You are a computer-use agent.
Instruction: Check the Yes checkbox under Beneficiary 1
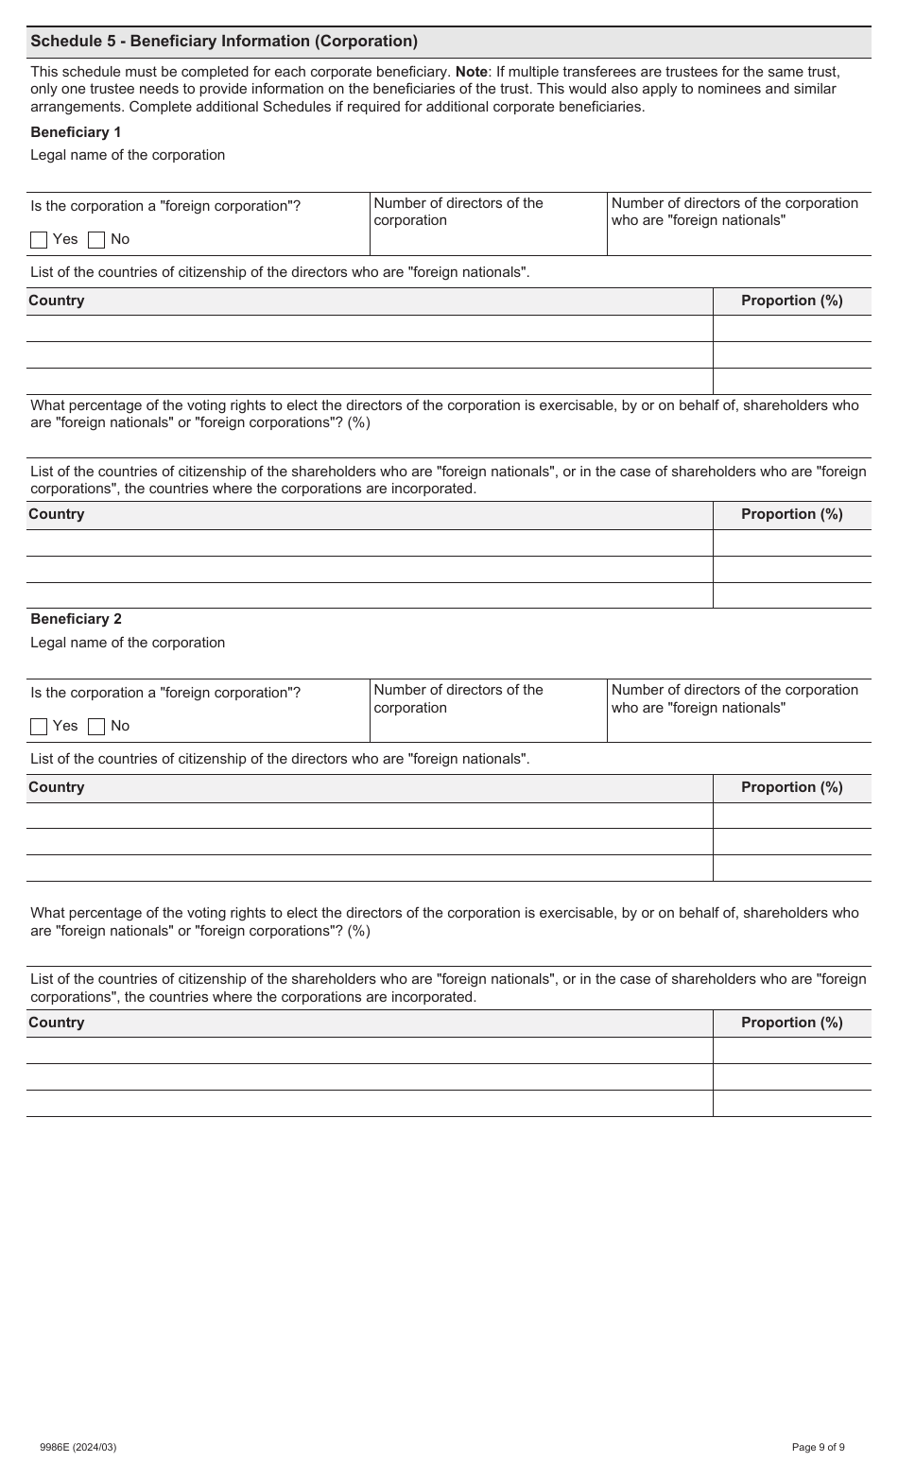coord(39,240)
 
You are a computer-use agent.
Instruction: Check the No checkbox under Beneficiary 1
coord(96,240)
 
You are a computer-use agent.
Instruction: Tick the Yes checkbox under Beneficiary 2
coord(39,727)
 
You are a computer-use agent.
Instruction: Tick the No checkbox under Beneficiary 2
coord(96,727)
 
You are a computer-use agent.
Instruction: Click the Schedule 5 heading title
coord(224,42)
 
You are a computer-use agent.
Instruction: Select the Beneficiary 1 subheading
coord(76,132)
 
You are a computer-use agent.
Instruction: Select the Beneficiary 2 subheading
coord(76,619)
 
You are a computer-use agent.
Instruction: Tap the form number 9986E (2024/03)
coord(78,1447)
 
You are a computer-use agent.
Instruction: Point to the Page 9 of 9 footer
coord(818,1447)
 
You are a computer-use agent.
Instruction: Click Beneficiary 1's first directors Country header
coord(57,301)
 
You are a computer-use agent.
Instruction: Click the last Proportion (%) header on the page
coord(791,1023)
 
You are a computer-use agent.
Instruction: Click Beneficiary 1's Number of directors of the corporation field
coord(488,236)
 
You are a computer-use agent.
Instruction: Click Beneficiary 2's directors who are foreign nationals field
coord(738,725)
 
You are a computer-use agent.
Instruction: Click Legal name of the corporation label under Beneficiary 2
coord(128,643)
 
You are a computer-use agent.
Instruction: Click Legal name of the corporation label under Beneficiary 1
coord(128,155)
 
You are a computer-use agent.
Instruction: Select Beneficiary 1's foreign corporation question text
coord(165,206)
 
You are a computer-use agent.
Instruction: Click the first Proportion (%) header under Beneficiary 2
coord(791,787)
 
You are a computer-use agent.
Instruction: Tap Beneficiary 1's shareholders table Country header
coord(57,514)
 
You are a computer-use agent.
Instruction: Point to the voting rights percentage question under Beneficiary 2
coord(444,921)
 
